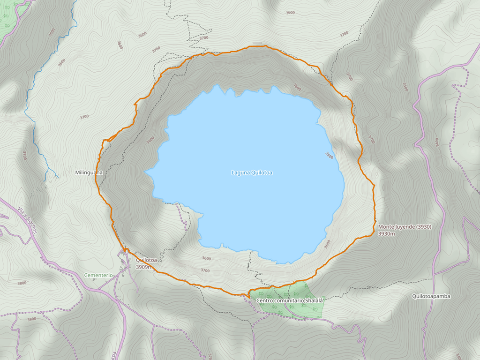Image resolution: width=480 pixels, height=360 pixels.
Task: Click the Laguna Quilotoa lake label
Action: coord(252,172)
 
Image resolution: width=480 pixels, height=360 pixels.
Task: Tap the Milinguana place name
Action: coord(88,172)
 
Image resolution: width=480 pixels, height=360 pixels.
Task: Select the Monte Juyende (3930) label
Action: coord(405,227)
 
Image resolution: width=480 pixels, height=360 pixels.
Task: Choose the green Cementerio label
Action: coord(98,275)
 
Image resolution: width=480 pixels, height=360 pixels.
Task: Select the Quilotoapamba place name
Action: coord(431,296)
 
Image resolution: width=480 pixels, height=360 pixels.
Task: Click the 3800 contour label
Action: coord(22,283)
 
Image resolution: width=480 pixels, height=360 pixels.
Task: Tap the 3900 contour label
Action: coord(31,319)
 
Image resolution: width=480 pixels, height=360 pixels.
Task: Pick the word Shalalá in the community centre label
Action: coord(314,300)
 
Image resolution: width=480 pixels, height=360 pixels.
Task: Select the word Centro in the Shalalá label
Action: coord(265,300)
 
